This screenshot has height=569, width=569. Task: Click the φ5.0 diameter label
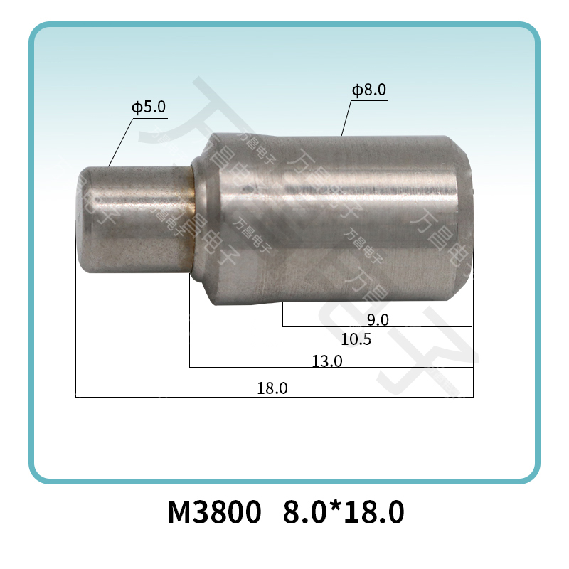click(148, 107)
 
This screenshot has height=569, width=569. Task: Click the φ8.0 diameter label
click(368, 90)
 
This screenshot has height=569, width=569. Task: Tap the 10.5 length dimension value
click(356, 339)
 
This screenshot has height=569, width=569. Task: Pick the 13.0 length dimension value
click(327, 361)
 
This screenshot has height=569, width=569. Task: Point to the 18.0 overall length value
click(272, 389)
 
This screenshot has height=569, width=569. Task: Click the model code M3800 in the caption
click(213, 512)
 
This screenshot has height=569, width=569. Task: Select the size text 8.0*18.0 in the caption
click(344, 512)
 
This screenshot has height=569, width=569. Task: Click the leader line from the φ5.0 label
click(121, 142)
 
